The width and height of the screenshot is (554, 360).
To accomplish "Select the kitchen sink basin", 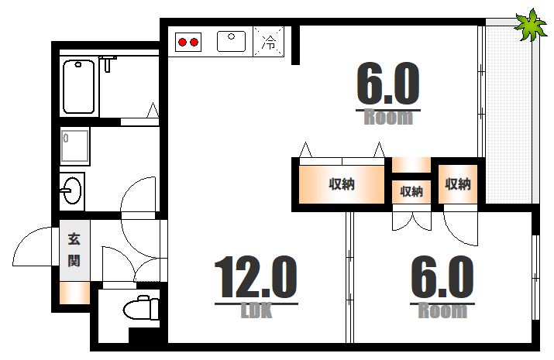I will [x=231, y=40].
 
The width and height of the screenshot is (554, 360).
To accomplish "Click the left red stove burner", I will [x=182, y=41].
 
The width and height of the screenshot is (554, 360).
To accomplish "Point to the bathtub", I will [x=79, y=87].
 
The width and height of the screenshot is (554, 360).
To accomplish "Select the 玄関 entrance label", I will [x=74, y=250].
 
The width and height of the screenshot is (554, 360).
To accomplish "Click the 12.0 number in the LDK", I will [x=255, y=279].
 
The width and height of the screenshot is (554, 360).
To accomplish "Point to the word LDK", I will [x=256, y=311].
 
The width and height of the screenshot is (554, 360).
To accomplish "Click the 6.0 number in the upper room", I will [x=387, y=84].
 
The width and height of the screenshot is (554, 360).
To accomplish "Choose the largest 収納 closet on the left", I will [x=342, y=184].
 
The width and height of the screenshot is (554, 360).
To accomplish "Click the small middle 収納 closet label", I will [x=411, y=191].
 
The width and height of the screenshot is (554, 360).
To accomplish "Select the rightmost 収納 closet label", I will [x=457, y=184].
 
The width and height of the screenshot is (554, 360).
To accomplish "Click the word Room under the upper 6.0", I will [x=388, y=118].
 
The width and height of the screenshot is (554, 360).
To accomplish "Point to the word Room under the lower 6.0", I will [x=442, y=311].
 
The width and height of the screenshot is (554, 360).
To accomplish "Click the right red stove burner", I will [x=194, y=41].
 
